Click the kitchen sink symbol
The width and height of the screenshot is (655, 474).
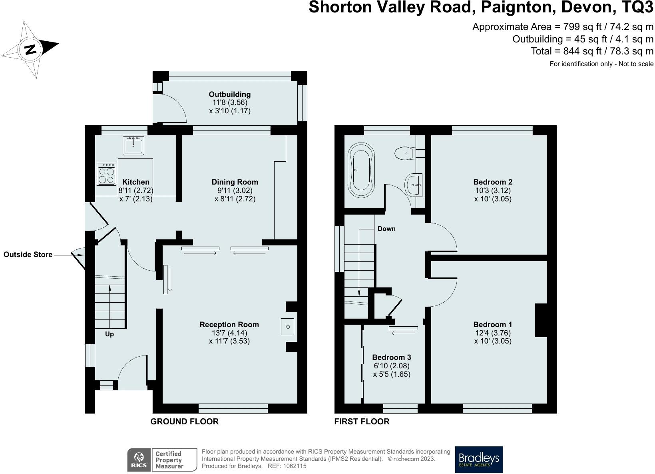(x=133, y=145)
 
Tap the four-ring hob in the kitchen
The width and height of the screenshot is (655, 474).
(x=106, y=174)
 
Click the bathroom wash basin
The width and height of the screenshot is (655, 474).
(x=414, y=185)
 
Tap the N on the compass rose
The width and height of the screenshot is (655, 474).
(x=30, y=49)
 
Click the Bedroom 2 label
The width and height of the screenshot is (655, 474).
(x=493, y=182)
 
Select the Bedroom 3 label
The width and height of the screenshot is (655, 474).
(x=392, y=357)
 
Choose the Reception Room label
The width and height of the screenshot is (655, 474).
(x=229, y=324)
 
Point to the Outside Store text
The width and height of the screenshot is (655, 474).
(x=28, y=254)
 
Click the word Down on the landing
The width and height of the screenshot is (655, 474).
(x=386, y=229)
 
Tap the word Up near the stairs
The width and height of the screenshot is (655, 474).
(x=109, y=334)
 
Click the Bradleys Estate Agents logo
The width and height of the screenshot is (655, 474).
(x=479, y=460)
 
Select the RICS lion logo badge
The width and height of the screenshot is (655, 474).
(x=139, y=460)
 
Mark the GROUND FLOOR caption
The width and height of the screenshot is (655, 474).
(x=185, y=422)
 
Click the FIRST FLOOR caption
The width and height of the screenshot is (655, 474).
(x=362, y=422)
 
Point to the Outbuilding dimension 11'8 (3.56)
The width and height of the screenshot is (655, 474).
(x=230, y=102)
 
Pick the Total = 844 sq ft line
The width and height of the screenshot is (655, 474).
(x=592, y=51)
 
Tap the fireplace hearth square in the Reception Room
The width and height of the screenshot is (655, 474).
(x=287, y=326)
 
